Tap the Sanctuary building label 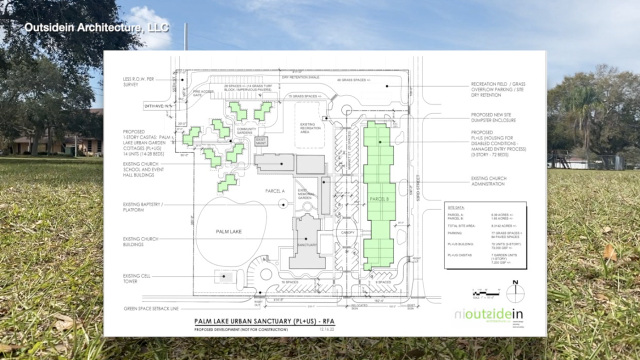(307, 245)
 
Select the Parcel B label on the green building (379, 199)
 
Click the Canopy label (348, 233)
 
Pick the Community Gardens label (246, 131)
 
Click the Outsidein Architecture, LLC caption (96, 27)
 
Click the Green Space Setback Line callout (151, 308)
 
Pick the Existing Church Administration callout (489, 181)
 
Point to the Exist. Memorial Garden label (305, 195)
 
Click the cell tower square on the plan (223, 276)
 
